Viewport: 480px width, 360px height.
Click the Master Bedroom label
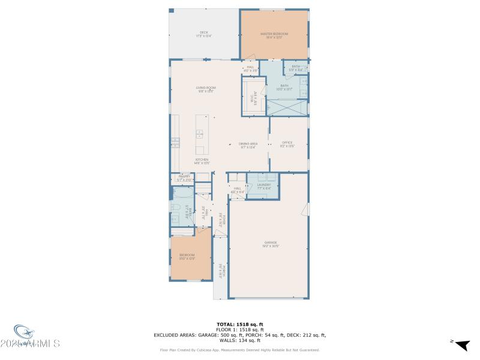tap(274, 35)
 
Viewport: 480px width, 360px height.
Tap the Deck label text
tap(203, 34)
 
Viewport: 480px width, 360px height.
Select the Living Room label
tap(206, 89)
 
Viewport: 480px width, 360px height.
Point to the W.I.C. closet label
tap(253, 97)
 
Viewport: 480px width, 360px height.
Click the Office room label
tap(287, 143)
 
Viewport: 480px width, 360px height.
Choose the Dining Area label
tap(248, 145)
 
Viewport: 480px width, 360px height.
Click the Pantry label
tap(184, 178)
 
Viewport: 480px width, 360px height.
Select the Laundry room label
tap(264, 187)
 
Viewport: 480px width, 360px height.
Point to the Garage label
tap(271, 244)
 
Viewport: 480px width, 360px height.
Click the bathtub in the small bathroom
tap(182, 193)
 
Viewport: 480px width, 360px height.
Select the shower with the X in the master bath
tap(287, 107)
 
